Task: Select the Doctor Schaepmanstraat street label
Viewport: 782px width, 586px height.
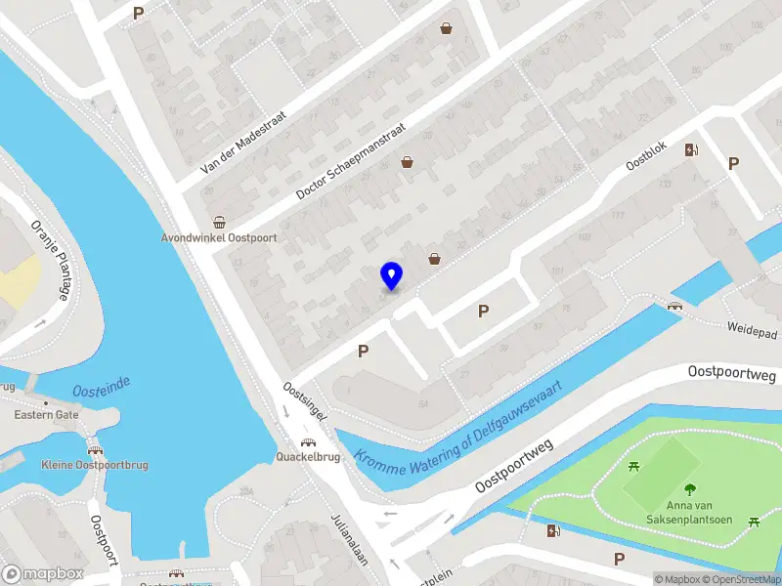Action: pos(351,165)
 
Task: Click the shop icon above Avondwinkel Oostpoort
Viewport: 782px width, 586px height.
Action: pos(220,222)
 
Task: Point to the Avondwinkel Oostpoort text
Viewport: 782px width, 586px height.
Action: pos(219,237)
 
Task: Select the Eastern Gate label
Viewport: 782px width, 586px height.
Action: pos(46,415)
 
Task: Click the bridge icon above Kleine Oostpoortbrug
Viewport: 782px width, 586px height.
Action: pos(95,450)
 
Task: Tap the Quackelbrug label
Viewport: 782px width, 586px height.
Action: pos(308,456)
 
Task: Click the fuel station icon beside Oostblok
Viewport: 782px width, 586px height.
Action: pos(692,149)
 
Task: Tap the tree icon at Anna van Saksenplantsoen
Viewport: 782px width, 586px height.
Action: pos(691,490)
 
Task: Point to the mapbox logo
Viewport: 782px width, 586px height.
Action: pos(41,574)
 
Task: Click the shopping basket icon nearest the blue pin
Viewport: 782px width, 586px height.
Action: pos(434,259)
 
